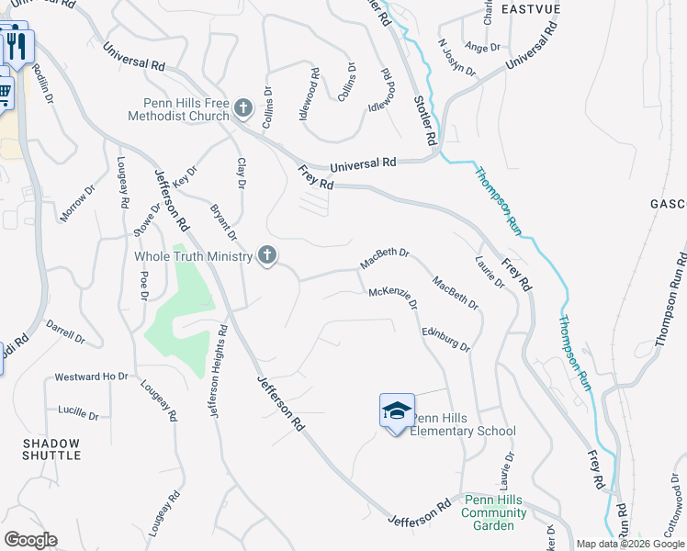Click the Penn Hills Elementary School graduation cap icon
click(398, 410)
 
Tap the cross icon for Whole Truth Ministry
click(267, 255)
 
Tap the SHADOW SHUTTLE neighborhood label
click(51, 450)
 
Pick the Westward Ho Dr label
click(91, 377)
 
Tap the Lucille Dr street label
click(77, 410)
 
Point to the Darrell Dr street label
click(65, 332)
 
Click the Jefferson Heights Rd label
click(218, 372)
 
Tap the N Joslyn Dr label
click(456, 58)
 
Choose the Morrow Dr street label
click(78, 203)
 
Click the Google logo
click(30, 540)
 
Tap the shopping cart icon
click(4, 92)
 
